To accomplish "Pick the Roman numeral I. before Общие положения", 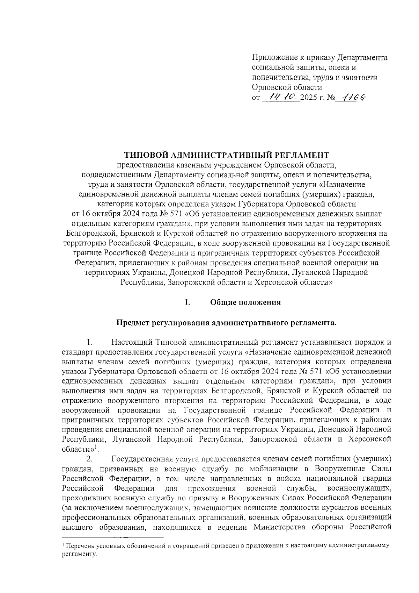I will (188, 302).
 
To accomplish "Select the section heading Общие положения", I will (245, 302).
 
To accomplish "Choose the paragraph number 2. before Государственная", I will (89, 458).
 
